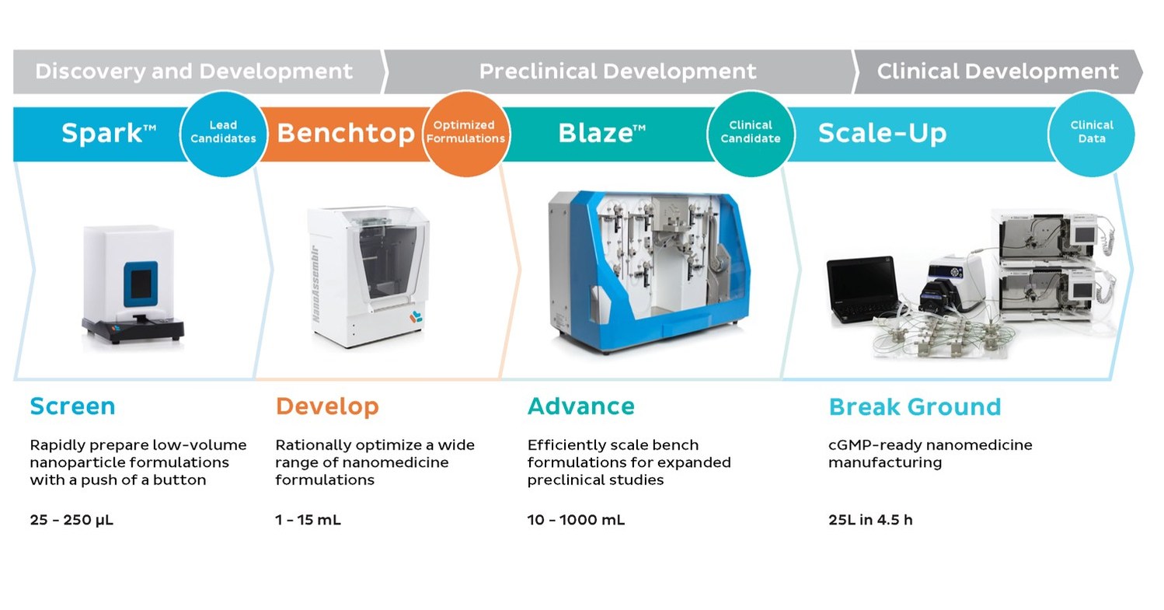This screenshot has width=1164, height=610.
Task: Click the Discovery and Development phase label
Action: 193,71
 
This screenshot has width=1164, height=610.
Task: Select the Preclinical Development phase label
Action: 618,71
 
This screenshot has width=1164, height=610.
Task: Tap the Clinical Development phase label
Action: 997,71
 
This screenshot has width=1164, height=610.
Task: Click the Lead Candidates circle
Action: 223,132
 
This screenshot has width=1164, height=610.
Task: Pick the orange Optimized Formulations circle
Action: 469,132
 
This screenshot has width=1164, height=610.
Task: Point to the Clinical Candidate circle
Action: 750,132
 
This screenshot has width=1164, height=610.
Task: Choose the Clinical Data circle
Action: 1091,132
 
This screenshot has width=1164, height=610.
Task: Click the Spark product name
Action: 108,134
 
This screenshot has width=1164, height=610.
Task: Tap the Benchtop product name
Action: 345,134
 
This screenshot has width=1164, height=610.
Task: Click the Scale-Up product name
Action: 882,134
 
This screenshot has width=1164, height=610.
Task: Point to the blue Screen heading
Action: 72,406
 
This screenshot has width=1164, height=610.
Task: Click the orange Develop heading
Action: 327,406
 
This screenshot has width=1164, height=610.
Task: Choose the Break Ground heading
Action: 915,407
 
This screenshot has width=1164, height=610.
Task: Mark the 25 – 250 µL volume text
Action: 71,520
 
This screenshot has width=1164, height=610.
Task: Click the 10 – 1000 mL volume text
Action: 576,520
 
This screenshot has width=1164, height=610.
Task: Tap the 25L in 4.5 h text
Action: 870,520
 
